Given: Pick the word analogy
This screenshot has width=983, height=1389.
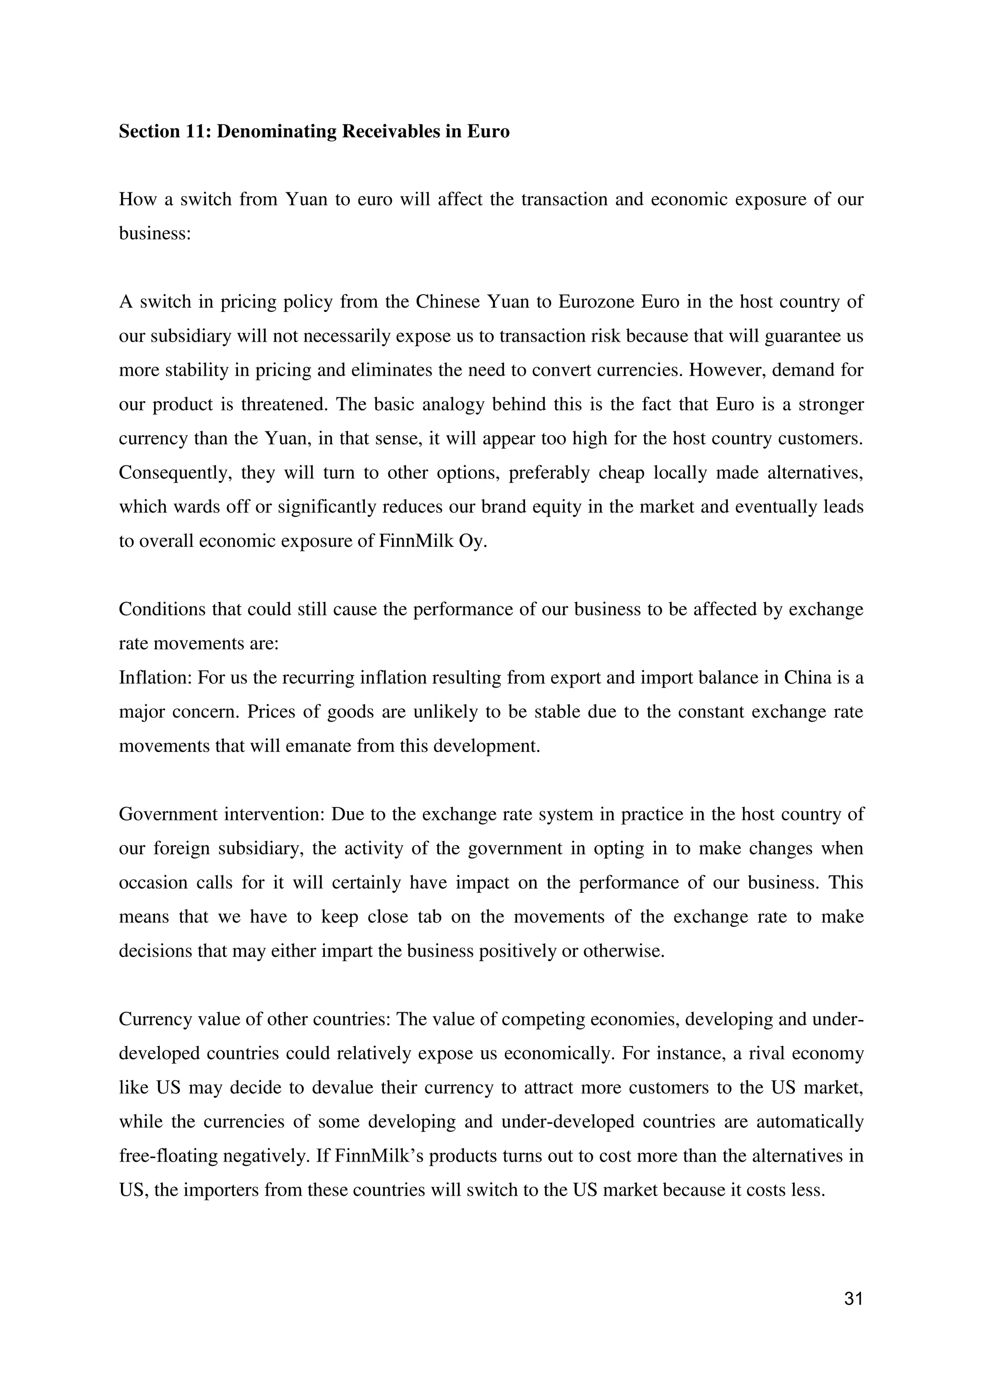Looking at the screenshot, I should coord(450,404).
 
